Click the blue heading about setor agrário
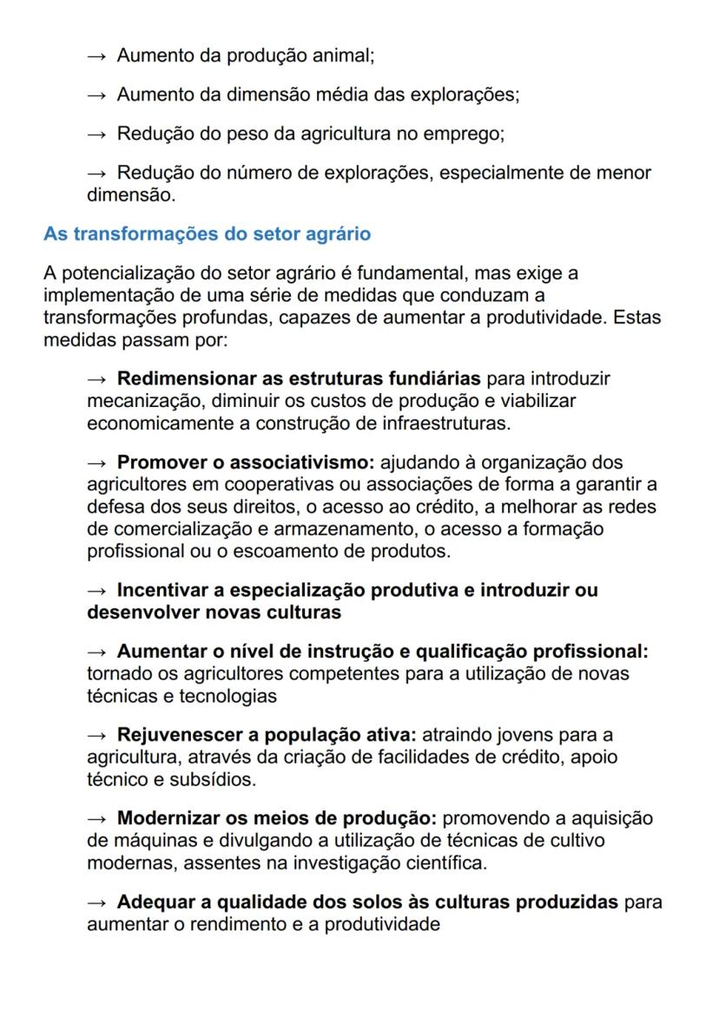208,234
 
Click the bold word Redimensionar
188,379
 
